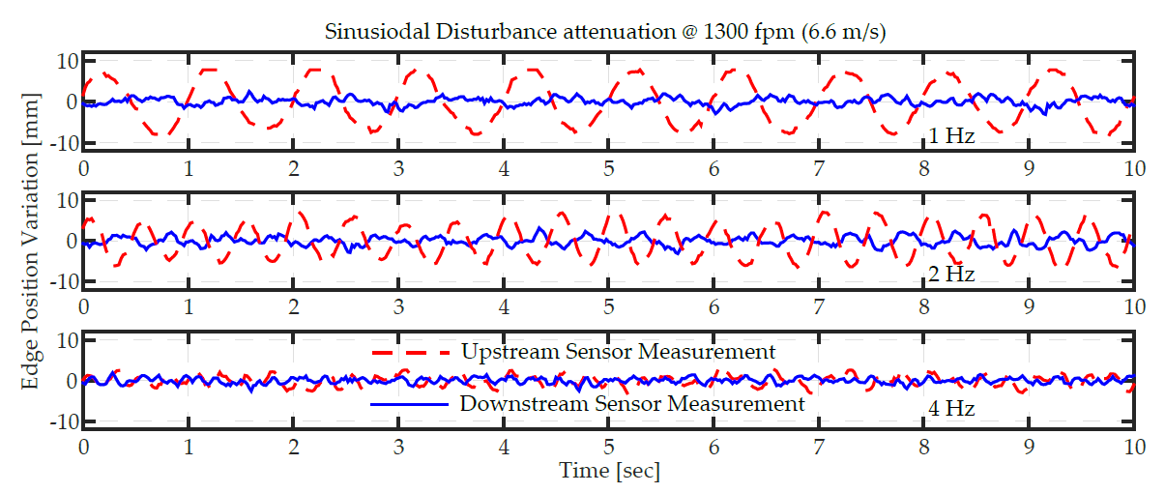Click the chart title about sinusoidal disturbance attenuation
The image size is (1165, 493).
tap(605, 32)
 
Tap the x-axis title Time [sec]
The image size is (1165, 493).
tap(609, 471)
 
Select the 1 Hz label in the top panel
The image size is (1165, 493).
tap(951, 136)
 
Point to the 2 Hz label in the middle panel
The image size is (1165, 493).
tap(951, 275)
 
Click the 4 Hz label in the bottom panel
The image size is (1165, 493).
tap(951, 409)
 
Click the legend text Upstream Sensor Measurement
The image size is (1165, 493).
tap(618, 352)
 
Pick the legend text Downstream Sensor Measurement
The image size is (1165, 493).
tap(631, 403)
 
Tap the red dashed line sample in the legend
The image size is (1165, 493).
tap(410, 353)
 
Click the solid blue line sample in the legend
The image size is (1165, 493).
tap(410, 403)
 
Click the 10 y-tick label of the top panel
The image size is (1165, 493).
tap(64, 61)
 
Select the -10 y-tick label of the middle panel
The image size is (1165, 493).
tap(59, 282)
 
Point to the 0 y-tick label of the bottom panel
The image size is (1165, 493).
tap(71, 381)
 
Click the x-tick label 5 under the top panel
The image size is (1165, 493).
tap(609, 168)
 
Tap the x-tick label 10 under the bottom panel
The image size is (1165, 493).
tap(1134, 448)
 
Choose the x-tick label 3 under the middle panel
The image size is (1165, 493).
tap(398, 306)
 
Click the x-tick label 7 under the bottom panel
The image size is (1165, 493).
tap(819, 448)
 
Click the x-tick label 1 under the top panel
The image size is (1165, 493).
tap(189, 168)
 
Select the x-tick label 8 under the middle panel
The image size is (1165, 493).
tap(924, 306)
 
